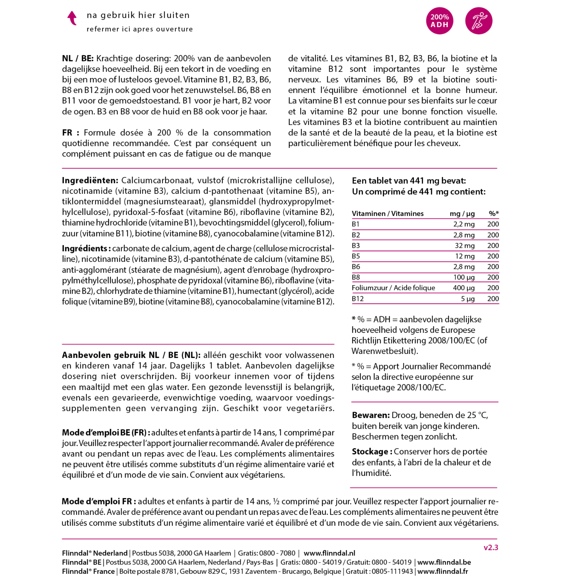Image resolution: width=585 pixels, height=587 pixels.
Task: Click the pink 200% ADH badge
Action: tap(439, 21)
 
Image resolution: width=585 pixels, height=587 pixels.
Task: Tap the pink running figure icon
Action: tap(479, 21)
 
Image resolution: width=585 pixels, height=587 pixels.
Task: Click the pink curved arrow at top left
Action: tap(72, 18)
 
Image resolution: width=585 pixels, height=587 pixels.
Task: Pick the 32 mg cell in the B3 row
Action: tap(465, 245)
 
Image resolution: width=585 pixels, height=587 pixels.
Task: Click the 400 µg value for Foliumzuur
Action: tap(464, 288)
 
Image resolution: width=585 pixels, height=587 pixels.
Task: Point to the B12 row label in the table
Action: tap(358, 299)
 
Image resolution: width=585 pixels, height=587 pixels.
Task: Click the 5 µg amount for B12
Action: tap(468, 299)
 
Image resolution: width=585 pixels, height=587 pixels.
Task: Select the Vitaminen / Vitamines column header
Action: tap(387, 214)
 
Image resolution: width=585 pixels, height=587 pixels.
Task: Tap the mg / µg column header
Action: tap(462, 214)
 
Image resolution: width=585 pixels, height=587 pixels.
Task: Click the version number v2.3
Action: tap(491, 547)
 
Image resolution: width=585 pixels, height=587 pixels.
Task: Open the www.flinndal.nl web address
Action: tap(329, 553)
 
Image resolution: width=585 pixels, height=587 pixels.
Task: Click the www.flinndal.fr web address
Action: tap(442, 571)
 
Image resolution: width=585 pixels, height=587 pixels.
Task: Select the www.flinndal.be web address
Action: tap(444, 562)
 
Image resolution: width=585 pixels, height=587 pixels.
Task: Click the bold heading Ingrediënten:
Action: tap(90, 181)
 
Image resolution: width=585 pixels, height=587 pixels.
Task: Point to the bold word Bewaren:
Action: tap(371, 415)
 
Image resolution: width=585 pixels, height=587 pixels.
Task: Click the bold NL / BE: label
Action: tap(78, 58)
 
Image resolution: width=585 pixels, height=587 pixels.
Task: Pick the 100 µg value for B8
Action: tap(464, 277)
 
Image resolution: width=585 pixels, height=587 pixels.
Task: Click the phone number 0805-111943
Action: tap(392, 571)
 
